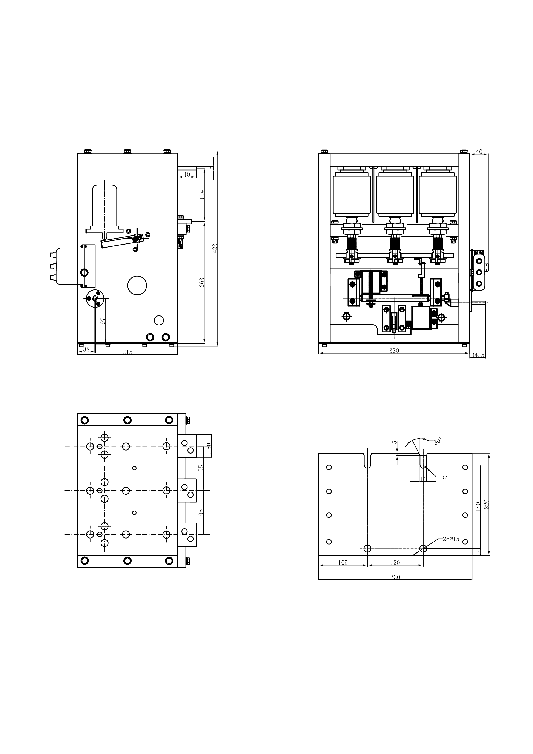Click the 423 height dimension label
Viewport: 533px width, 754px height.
(215, 248)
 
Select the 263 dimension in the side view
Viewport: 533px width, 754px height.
(202, 282)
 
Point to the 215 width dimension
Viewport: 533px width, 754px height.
(127, 352)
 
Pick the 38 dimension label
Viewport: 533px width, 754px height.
(86, 349)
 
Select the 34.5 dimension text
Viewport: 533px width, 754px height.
(478, 355)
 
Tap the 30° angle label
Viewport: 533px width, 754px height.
(438, 441)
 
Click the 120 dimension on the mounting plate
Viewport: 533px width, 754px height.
(395, 563)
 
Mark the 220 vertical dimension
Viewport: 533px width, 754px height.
(487, 504)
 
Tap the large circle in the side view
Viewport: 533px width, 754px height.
(137, 285)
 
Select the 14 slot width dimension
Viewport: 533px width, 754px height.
(423, 479)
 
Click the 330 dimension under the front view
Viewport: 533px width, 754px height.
(394, 351)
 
